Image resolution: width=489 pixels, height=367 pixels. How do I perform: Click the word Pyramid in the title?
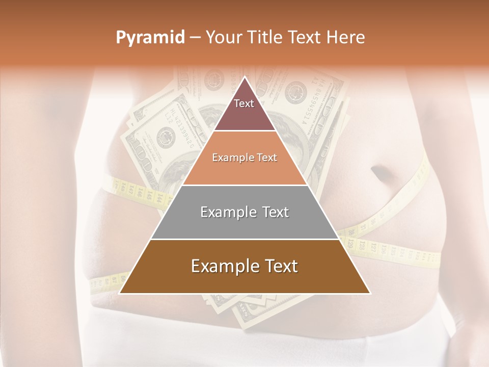coord(150,38)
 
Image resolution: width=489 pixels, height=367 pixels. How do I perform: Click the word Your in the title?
coord(224,38)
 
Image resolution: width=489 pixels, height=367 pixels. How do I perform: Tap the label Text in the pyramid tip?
coord(244,103)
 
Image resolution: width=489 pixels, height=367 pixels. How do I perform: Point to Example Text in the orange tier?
coord(244,158)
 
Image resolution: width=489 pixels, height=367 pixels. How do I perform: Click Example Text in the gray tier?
coord(244,212)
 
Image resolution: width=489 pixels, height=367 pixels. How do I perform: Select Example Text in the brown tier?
coord(244,266)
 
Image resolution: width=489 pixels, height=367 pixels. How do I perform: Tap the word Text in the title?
coord(307,38)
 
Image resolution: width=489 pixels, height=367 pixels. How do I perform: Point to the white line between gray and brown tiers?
coord(244,239)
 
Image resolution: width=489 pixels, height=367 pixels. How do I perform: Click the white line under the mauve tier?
coord(244,131)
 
